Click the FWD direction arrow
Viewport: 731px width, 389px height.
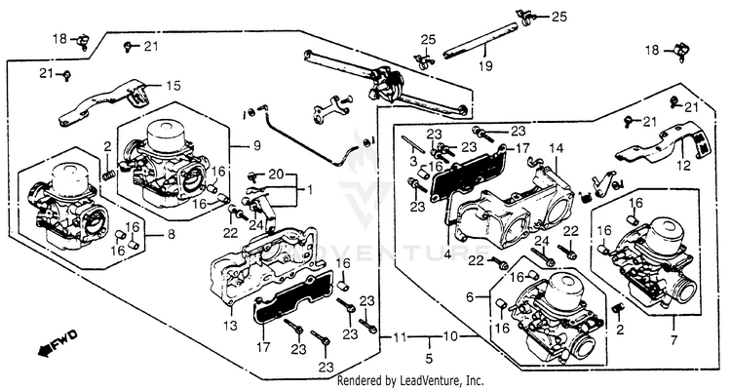[58, 343]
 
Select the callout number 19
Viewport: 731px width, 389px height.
[484, 65]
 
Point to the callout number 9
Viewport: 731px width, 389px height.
[257, 145]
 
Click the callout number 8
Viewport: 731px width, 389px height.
[172, 234]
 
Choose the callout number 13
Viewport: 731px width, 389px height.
[230, 325]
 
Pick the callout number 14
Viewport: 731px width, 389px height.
[556, 149]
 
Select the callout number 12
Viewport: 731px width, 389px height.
[684, 165]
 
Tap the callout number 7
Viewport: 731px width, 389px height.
[673, 340]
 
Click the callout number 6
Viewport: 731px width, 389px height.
[470, 296]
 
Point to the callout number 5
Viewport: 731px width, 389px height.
[429, 358]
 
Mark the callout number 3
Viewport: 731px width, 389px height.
[413, 162]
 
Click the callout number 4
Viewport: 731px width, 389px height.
[447, 255]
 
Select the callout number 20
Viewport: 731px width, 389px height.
[276, 175]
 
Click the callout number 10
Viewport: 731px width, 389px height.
[450, 335]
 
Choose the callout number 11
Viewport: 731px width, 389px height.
[399, 335]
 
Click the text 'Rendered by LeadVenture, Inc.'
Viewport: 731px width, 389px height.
[410, 380]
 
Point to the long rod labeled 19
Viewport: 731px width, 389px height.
[480, 41]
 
